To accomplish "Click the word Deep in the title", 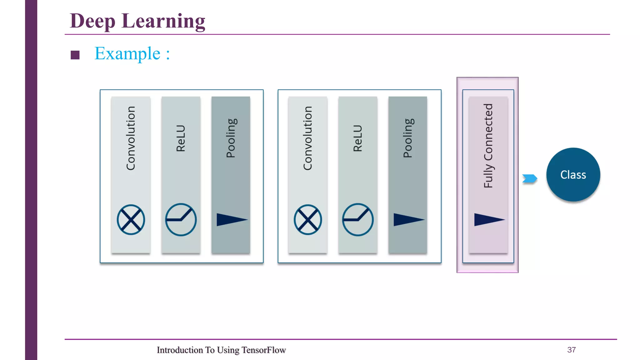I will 92,21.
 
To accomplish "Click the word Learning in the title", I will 163,21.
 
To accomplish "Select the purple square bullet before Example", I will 75,55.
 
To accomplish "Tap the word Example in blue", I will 127,54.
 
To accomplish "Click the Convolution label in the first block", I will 131,138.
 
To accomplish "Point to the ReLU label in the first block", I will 181,138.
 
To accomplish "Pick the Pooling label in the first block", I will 231,138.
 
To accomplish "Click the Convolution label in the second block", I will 307,138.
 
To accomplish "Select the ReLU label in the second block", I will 357,138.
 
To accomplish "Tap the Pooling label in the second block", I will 408,138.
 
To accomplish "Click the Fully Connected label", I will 488,146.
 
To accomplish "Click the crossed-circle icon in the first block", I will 131,220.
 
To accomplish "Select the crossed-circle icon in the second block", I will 307,220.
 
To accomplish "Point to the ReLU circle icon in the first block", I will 181,220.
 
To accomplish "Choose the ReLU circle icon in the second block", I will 357,220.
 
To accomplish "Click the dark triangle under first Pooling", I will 230,220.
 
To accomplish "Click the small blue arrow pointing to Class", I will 530,178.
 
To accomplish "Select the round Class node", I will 573,175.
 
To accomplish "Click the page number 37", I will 571,350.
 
